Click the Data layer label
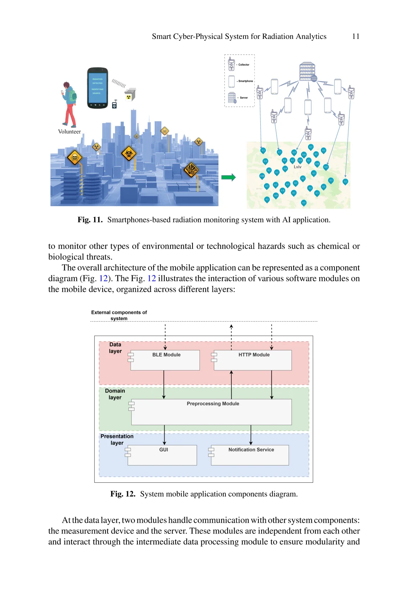[x=115, y=348]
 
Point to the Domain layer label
[x=115, y=394]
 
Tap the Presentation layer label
[x=117, y=439]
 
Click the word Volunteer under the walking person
[x=69, y=132]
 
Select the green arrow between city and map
[x=228, y=177]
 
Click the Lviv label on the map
[x=297, y=167]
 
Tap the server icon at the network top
[x=308, y=71]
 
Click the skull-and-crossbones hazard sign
[x=75, y=158]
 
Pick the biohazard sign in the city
[x=129, y=153]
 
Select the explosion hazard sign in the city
[x=191, y=170]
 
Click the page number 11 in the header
[x=356, y=36]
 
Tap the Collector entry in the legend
[x=243, y=65]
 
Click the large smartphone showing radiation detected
[x=98, y=88]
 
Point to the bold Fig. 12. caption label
[x=123, y=494]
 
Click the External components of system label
[x=119, y=315]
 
